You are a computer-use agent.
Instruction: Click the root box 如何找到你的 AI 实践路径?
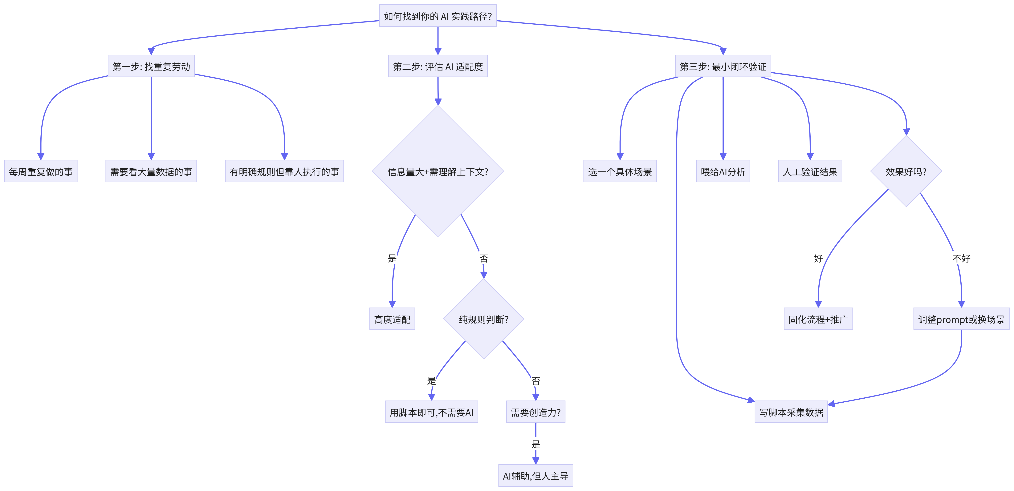(438, 16)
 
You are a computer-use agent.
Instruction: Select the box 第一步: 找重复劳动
(151, 66)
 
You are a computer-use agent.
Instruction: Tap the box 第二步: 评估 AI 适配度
(438, 66)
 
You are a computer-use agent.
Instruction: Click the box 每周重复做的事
(41, 171)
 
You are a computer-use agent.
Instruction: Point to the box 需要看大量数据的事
(151, 171)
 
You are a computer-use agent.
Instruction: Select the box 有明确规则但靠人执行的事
(284, 171)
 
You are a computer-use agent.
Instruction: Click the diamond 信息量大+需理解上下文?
(438, 171)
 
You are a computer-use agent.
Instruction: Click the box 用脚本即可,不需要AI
(431, 412)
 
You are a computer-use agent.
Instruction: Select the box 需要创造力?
(536, 412)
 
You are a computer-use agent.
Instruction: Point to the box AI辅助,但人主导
(536, 476)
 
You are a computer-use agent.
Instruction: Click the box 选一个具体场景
(620, 171)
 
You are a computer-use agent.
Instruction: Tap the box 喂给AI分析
(723, 171)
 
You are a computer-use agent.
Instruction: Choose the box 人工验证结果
(810, 171)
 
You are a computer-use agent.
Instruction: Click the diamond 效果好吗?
(906, 171)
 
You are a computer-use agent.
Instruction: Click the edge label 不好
(961, 258)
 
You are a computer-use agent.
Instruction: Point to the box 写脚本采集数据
(791, 412)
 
